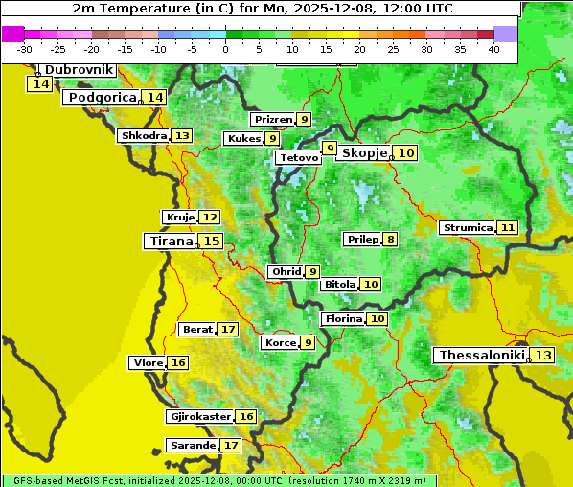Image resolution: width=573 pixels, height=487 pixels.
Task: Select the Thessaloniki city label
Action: click(482, 356)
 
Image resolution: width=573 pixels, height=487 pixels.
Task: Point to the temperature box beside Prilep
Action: click(390, 239)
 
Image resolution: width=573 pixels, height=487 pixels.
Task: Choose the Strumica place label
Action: click(468, 228)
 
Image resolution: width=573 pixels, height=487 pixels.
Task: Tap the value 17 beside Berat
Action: click(227, 330)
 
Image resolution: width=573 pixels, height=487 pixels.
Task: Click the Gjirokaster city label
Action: click(199, 417)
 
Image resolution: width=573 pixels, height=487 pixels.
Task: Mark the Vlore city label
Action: click(148, 363)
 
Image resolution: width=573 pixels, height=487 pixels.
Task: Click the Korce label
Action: click(280, 343)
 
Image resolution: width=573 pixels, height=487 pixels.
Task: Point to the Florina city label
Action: click(343, 318)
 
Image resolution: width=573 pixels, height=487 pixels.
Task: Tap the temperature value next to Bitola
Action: click(371, 284)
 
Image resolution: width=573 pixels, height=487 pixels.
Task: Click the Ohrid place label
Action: click(286, 272)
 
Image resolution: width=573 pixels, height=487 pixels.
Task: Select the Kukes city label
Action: click(242, 139)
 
